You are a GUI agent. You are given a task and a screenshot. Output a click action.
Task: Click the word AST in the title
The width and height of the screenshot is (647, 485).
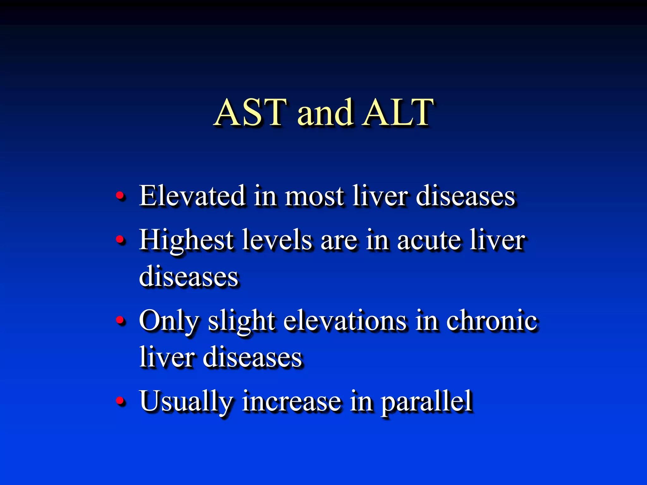pos(251,112)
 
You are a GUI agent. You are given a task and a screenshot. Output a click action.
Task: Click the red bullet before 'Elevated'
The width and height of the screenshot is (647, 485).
pos(120,196)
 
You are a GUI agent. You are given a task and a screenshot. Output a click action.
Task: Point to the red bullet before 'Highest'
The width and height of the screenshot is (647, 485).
pos(120,240)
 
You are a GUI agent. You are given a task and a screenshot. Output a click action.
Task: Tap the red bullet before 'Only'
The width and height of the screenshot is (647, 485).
pos(120,320)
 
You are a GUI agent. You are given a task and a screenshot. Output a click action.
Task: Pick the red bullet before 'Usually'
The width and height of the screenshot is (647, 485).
pos(120,401)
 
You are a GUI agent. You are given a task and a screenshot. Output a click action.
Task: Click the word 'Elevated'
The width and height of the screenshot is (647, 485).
pos(192,196)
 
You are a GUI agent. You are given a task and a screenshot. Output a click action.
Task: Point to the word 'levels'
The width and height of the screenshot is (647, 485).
pos(277,240)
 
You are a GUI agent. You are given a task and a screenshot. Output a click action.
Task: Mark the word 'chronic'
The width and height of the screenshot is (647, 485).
pos(492,321)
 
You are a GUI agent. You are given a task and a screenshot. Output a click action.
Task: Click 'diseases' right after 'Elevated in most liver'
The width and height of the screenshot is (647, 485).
pos(465,196)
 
